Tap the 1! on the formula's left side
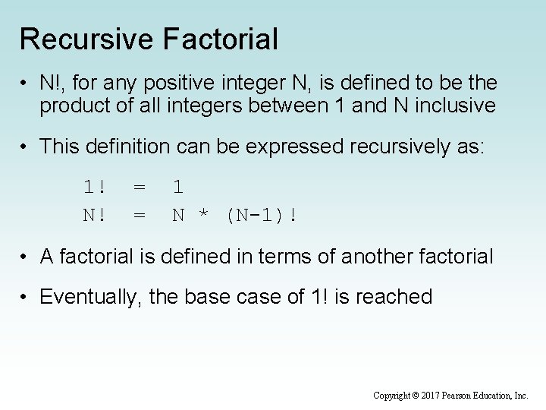coord(95,187)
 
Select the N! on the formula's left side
coord(95,215)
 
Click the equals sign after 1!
coord(140,187)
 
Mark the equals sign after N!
coord(140,215)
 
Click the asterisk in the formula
coord(202,216)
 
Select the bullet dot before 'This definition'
coord(25,146)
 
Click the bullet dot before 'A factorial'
coord(25,257)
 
